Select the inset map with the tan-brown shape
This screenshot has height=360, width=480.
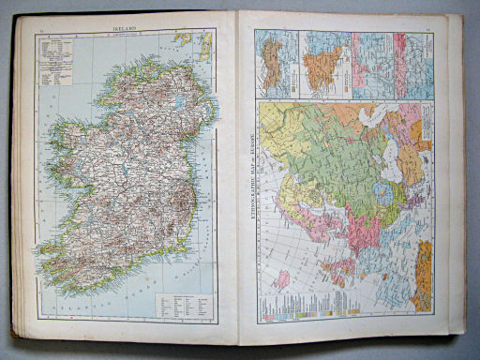[x=275, y=63]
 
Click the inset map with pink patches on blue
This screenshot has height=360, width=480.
[x=371, y=63]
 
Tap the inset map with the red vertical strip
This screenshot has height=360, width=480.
[x=413, y=63]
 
